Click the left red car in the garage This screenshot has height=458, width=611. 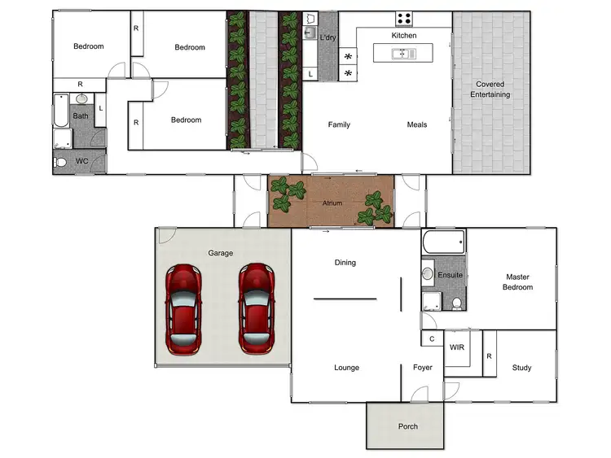click(184, 308)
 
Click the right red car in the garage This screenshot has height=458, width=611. click(257, 308)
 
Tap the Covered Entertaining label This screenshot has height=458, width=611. click(490, 89)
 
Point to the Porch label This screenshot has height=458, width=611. click(407, 426)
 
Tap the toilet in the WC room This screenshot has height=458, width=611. click(62, 162)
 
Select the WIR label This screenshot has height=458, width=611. click(457, 347)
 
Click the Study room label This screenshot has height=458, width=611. click(521, 368)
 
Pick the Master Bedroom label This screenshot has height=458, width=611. click(518, 282)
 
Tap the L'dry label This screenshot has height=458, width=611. click(327, 37)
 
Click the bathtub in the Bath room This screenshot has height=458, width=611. click(62, 111)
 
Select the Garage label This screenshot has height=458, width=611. click(220, 253)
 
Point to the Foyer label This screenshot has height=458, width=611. click(422, 368)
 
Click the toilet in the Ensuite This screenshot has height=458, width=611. click(457, 303)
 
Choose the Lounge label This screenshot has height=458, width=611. click(346, 368)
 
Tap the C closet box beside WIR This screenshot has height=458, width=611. click(431, 338)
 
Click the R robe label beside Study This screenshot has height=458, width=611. click(489, 355)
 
